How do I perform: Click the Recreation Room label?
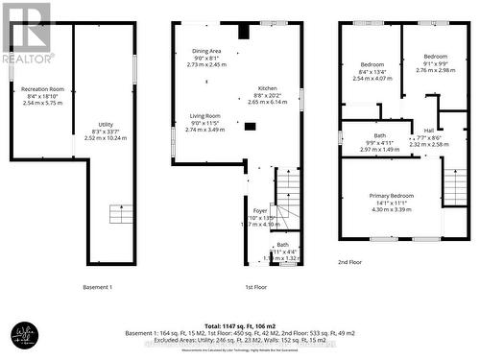(x=42, y=88)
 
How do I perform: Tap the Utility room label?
(x=106, y=124)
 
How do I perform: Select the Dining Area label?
(x=206, y=51)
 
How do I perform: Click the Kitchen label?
(x=267, y=87)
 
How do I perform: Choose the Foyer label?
(x=259, y=210)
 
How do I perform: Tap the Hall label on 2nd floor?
(x=429, y=131)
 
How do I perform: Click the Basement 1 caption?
(x=98, y=287)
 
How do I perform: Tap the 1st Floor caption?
(x=255, y=287)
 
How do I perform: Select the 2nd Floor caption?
(x=350, y=261)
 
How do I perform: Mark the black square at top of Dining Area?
(x=244, y=32)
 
